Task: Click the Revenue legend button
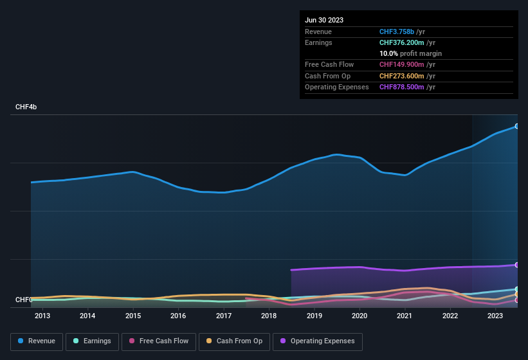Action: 37,341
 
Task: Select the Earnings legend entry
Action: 92,341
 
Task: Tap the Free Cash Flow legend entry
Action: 159,341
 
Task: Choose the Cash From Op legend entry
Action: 233,341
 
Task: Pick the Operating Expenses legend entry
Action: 318,341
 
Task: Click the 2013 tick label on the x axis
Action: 42,316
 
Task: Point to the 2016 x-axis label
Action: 178,316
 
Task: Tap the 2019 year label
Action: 314,316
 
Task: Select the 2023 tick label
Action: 495,316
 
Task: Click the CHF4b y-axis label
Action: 26,107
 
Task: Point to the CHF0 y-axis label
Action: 24,300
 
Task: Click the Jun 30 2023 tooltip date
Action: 324,20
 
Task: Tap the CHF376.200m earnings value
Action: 402,42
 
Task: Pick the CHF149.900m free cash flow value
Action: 402,64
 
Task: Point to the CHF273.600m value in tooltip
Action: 402,76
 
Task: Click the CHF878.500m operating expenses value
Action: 402,87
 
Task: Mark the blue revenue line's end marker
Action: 516,126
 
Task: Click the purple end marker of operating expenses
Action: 516,265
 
